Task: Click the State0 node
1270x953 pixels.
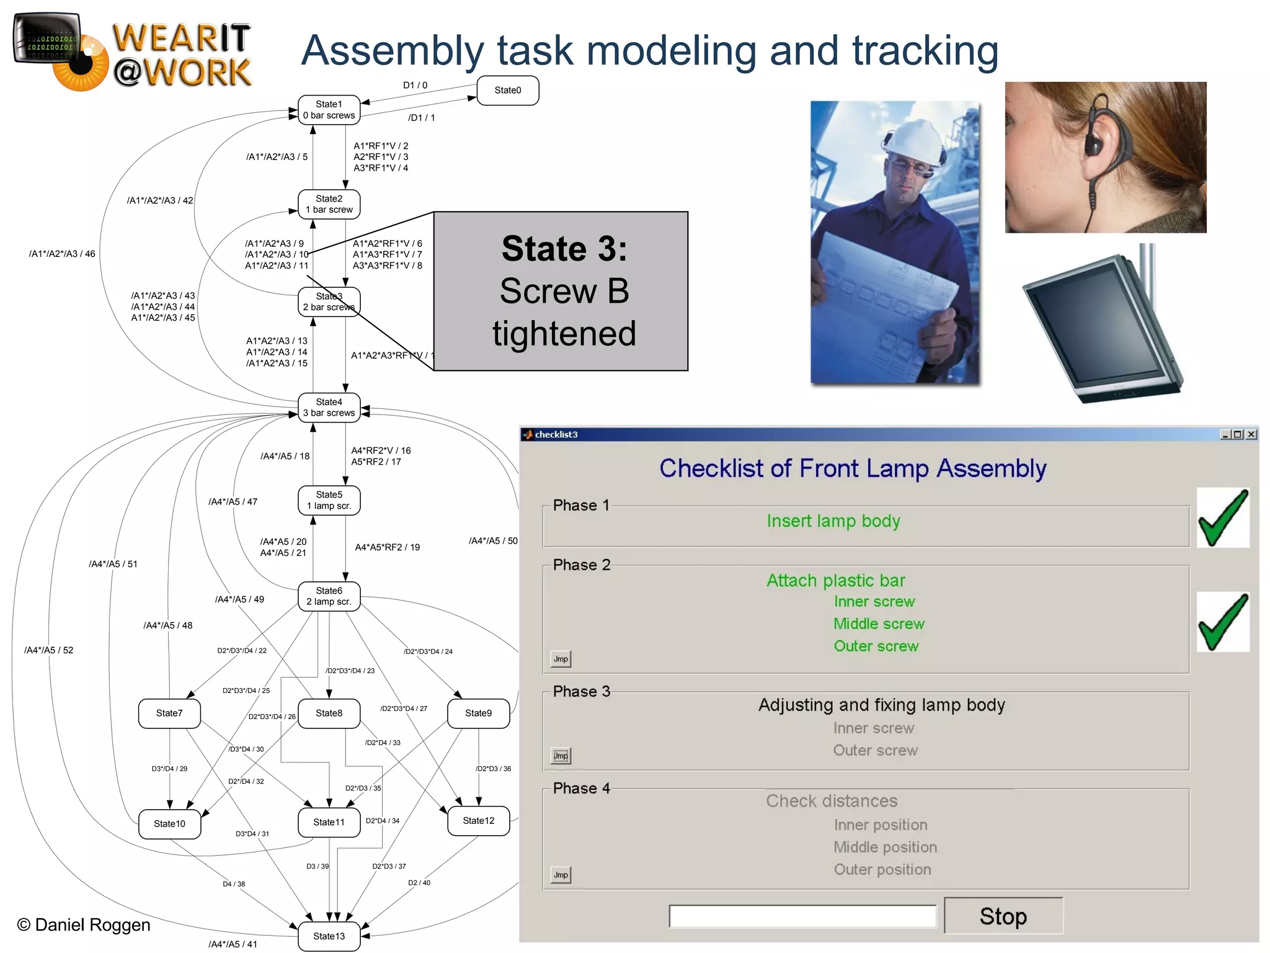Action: coord(507,91)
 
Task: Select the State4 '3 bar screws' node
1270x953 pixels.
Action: coord(329,408)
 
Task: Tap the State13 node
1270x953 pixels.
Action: coord(329,936)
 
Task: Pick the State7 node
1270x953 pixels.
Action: coord(169,714)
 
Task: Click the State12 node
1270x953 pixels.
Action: coord(478,821)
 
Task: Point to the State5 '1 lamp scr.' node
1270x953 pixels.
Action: coord(329,500)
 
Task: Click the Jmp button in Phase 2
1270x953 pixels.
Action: coord(561,659)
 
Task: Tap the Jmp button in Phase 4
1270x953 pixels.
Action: coord(561,875)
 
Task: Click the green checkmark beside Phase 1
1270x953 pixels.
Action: coord(1223,518)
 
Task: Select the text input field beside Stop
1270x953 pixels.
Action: coord(802,916)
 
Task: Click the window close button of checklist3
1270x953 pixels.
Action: coord(1251,434)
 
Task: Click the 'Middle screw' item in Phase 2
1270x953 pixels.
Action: coord(879,624)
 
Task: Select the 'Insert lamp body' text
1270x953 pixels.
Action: coord(833,521)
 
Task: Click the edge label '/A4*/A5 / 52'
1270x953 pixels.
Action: coord(48,650)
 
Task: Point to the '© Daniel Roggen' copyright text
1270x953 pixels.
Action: coord(84,925)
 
